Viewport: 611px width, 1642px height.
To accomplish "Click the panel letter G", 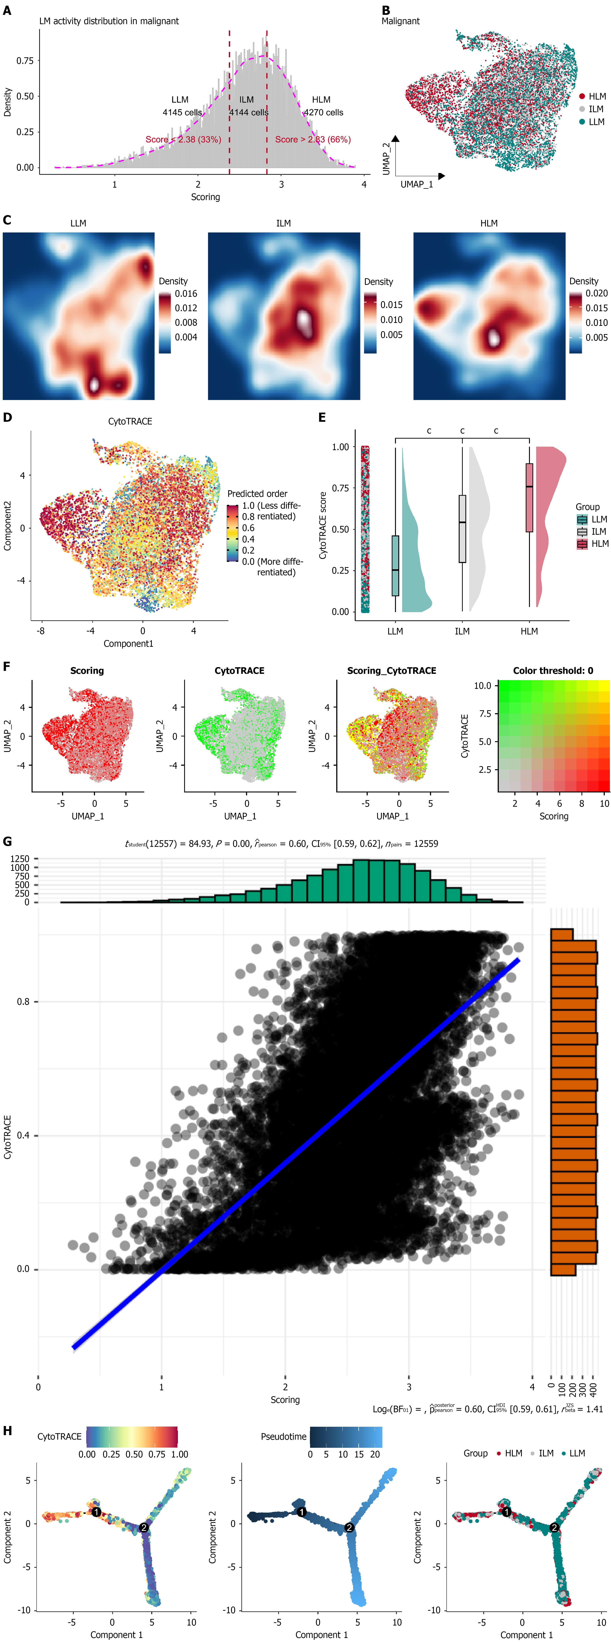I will [8, 841].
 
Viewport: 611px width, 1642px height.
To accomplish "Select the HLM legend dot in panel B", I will [582, 96].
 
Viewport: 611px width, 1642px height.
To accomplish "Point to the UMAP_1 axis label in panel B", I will [417, 184].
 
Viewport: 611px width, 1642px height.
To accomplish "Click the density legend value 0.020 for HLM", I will [596, 293].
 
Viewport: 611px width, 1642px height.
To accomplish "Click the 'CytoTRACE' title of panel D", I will [130, 421].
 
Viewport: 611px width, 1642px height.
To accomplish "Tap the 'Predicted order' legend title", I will [257, 493].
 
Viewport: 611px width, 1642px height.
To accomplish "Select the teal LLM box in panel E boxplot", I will [395, 565].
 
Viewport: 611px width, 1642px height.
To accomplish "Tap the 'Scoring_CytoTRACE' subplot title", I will [391, 671].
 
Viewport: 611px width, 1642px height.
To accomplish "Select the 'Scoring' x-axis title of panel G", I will [285, 1400].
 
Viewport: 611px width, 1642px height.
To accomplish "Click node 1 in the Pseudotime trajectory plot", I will [301, 1511].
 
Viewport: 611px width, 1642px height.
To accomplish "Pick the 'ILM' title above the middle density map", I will [284, 223].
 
